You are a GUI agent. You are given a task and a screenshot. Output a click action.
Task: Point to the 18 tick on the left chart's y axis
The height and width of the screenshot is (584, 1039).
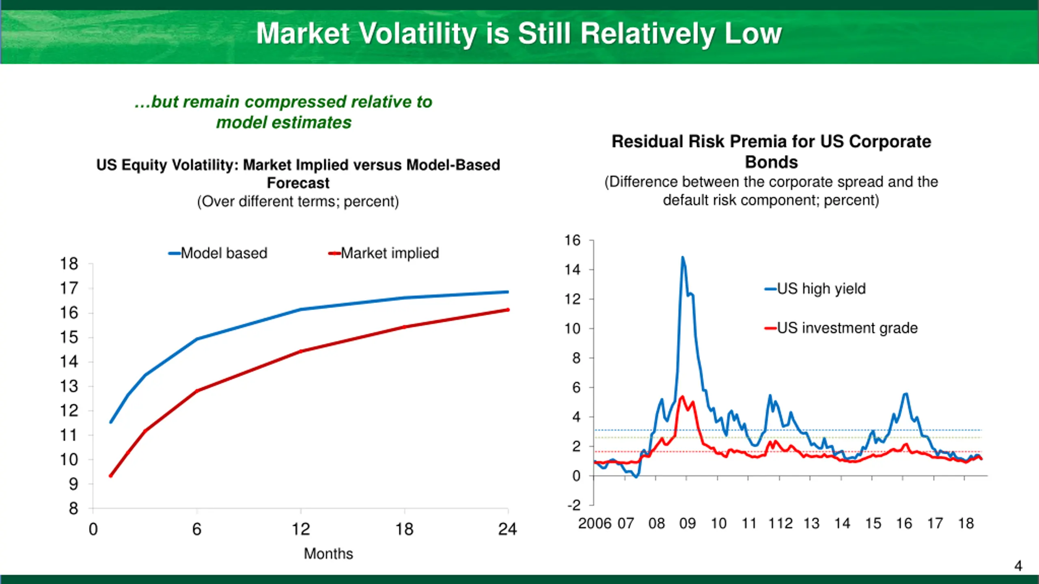point(69,264)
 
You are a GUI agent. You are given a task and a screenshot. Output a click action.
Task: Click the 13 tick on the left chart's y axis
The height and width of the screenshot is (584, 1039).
point(69,387)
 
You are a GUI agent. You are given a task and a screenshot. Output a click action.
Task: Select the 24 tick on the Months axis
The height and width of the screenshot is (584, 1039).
point(507,529)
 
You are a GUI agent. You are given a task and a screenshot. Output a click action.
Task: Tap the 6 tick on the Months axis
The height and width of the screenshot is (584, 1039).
point(197,529)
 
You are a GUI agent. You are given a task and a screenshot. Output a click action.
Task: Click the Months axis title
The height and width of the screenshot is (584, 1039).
point(328,554)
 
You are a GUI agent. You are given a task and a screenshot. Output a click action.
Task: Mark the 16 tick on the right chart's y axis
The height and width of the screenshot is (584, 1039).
point(572,240)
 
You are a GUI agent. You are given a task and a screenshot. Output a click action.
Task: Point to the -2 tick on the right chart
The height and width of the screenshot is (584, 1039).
point(574,505)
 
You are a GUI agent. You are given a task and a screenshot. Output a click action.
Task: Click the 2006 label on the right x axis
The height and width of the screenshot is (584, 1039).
point(595,524)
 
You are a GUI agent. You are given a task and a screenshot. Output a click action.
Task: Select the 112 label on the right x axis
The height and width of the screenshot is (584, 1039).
point(780,524)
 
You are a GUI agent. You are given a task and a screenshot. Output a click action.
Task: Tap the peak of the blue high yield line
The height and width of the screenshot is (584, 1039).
point(683,257)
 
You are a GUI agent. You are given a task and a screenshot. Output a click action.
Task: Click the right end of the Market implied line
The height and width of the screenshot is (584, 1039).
point(508,310)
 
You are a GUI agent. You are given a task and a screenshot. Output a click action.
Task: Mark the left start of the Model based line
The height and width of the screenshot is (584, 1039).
point(111,422)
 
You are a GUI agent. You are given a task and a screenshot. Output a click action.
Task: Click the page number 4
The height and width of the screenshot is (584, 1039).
point(1018,566)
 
